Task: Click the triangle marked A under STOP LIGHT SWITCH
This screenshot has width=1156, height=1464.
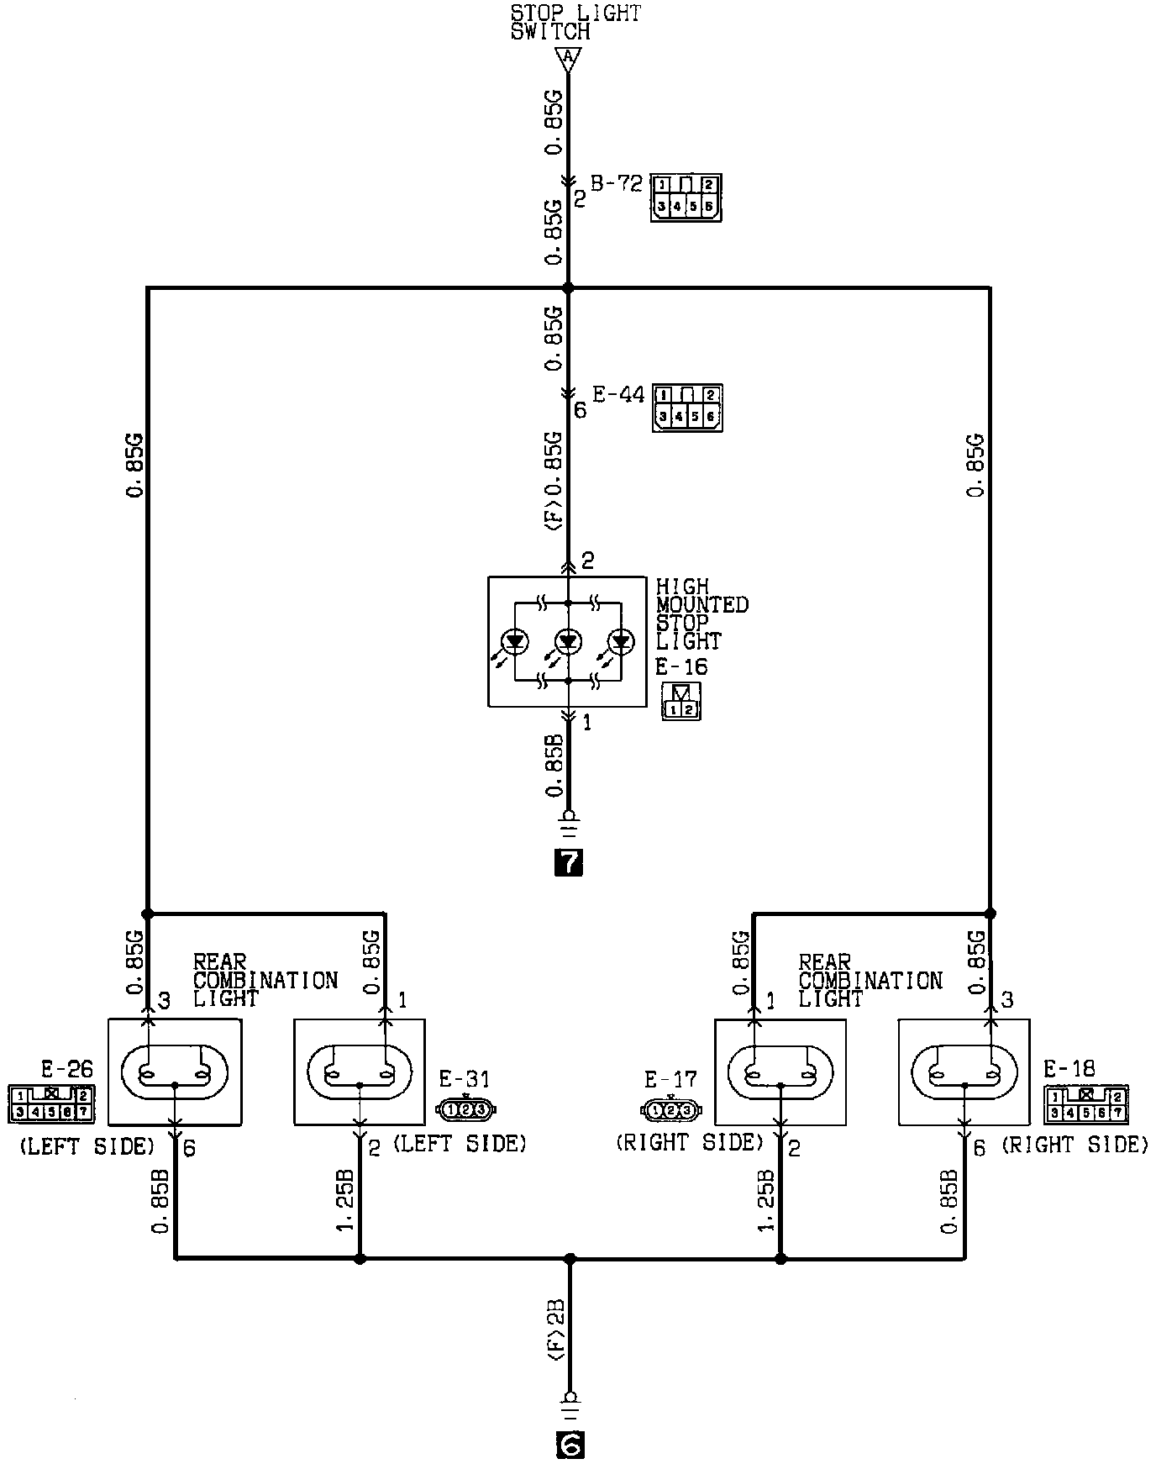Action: [568, 58]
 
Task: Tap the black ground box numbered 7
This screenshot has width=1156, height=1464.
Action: [569, 862]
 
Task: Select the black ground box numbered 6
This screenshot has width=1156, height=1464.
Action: [570, 1444]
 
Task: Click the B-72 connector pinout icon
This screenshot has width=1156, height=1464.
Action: [686, 197]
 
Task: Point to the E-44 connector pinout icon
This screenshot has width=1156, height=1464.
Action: [687, 408]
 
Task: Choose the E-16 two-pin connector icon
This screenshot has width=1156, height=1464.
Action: [680, 702]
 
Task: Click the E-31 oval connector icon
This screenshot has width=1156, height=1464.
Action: [466, 1109]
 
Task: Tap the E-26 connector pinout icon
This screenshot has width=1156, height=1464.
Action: [51, 1104]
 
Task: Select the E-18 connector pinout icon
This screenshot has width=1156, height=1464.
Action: [1086, 1104]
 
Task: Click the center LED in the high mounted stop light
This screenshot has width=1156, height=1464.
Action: [569, 643]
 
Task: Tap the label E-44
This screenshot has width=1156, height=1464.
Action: [617, 394]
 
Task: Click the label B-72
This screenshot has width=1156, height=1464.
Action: [616, 183]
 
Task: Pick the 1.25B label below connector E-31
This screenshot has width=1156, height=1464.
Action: [347, 1200]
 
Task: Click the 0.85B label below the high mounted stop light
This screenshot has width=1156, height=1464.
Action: [554, 765]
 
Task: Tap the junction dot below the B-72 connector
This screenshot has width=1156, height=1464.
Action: [568, 288]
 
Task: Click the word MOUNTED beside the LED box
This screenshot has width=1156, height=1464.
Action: [702, 605]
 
